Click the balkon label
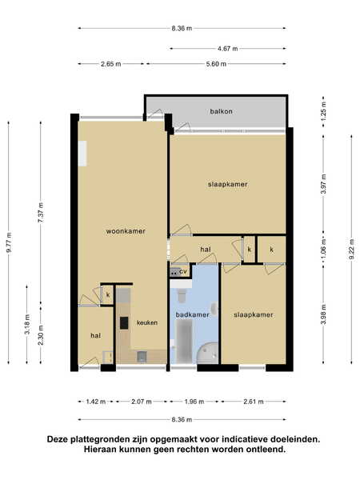pyautogui.click(x=221, y=111)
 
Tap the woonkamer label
pyautogui.click(x=126, y=231)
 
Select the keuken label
pyautogui.click(x=147, y=322)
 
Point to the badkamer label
pyautogui.click(x=192, y=314)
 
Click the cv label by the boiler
pyautogui.click(x=183, y=271)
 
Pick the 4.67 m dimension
pyautogui.click(x=227, y=48)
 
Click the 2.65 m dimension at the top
pyautogui.click(x=111, y=64)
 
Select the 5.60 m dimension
pyautogui.click(x=216, y=64)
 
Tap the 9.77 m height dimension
pyautogui.click(x=9, y=242)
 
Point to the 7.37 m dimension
pyautogui.click(x=41, y=213)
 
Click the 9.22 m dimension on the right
pyautogui.click(x=351, y=249)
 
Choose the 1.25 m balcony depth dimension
pyautogui.click(x=324, y=111)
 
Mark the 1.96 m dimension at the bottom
pyautogui.click(x=194, y=402)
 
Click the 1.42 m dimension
pyautogui.click(x=96, y=402)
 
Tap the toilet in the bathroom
pyautogui.click(x=182, y=294)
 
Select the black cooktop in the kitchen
pyautogui.click(x=124, y=323)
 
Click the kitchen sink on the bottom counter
pyautogui.click(x=142, y=356)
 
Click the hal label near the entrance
pyautogui.click(x=95, y=336)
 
